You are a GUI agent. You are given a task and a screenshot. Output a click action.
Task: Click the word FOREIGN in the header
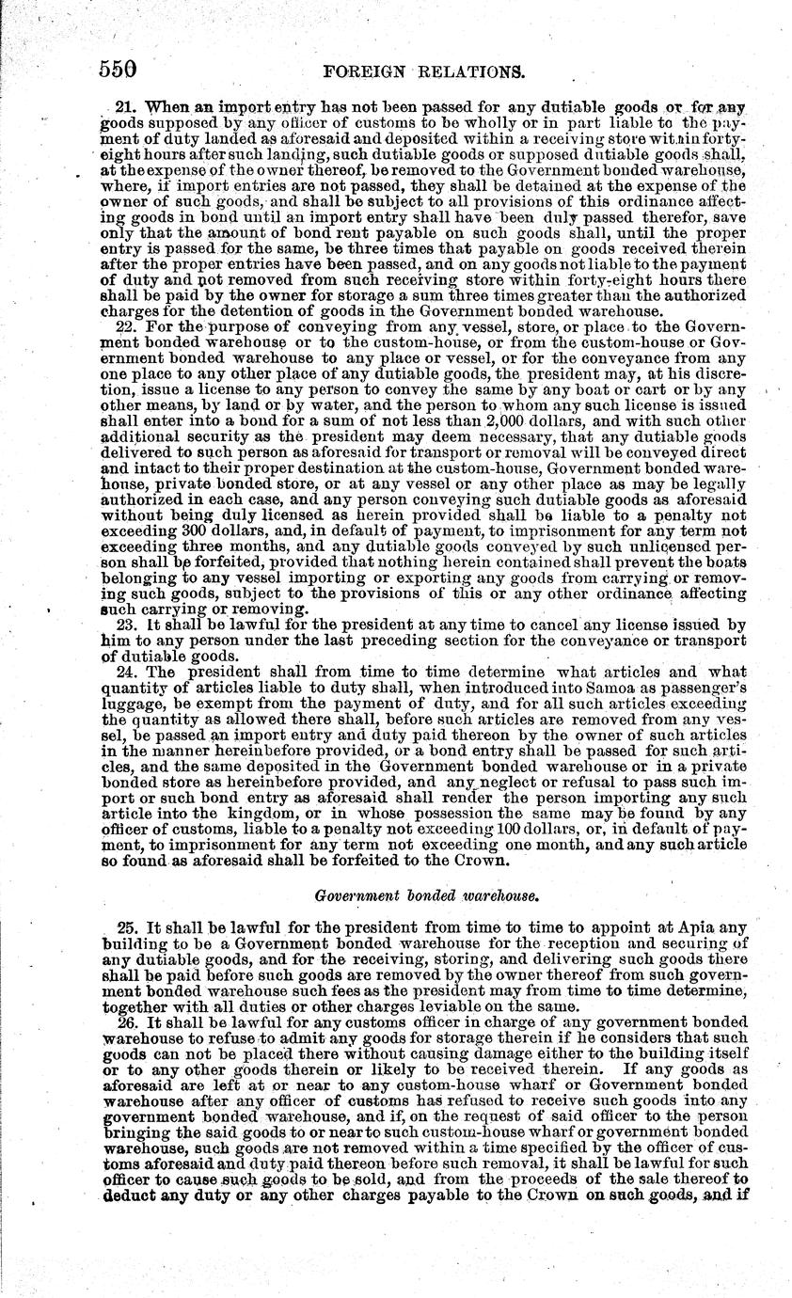363,70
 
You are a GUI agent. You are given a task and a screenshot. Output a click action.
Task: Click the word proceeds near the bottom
534,1183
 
